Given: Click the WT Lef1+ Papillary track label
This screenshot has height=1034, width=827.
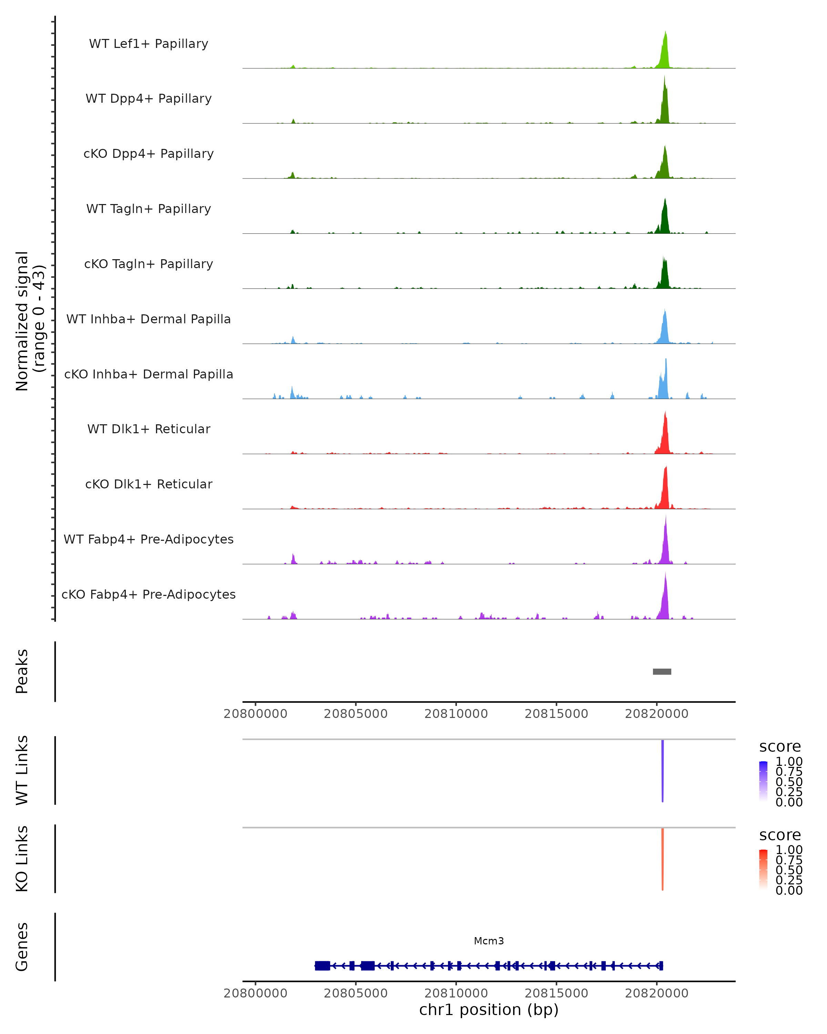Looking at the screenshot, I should (149, 44).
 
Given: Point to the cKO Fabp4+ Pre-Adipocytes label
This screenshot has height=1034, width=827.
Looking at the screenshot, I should (149, 594).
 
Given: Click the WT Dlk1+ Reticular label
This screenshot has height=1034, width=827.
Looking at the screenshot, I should (149, 429).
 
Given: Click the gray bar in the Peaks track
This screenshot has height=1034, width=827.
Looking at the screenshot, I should (662, 671).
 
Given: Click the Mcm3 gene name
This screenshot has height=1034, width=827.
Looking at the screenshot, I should (489, 941).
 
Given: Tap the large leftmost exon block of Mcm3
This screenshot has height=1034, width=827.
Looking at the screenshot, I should (322, 965).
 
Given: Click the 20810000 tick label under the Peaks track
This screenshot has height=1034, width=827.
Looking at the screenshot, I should (456, 714).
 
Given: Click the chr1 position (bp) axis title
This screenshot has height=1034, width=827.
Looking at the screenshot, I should (489, 1010).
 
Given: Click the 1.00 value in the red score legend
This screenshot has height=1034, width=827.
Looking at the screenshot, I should (789, 850).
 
